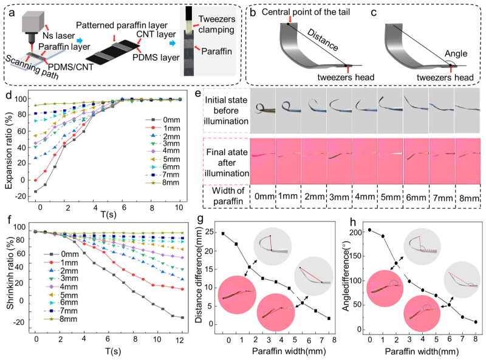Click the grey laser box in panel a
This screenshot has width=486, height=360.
pyautogui.click(x=33, y=20)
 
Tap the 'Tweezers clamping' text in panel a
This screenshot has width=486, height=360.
pyautogui.click(x=217, y=24)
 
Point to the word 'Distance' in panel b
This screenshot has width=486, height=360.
pyautogui.click(x=323, y=39)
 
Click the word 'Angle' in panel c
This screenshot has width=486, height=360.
pyautogui.click(x=456, y=53)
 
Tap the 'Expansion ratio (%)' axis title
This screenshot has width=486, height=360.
pyautogui.click(x=9, y=146)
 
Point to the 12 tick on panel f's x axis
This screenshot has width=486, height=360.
pyautogui.click(x=180, y=340)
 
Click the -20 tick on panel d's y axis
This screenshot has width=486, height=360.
pyautogui.click(x=21, y=197)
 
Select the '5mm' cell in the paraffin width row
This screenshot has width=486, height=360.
pyautogui.click(x=390, y=197)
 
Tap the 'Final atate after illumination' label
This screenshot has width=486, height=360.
pyautogui.click(x=227, y=163)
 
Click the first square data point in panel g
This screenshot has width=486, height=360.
pyautogui.click(x=223, y=234)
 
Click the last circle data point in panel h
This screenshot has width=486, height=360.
pyautogui.click(x=476, y=322)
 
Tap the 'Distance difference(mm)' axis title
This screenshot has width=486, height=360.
pyautogui.click(x=199, y=274)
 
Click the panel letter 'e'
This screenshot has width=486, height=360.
pyautogui.click(x=198, y=93)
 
